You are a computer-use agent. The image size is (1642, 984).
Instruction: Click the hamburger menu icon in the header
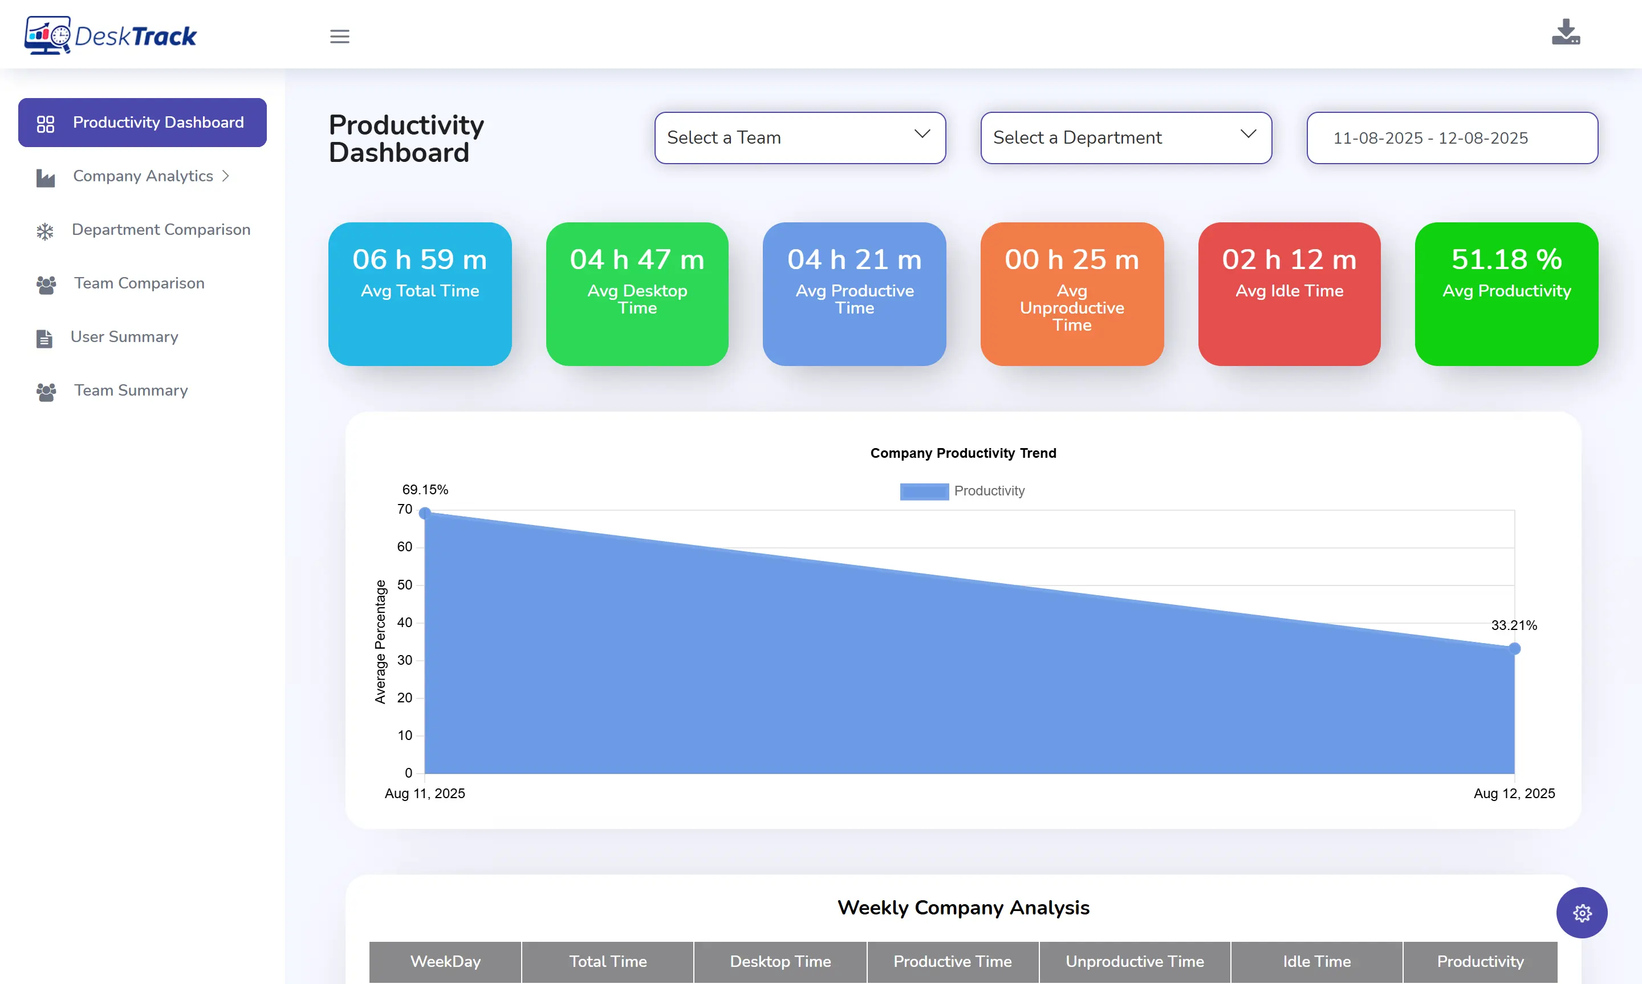pos(339,36)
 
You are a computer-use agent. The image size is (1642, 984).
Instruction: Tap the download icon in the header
pos(1565,32)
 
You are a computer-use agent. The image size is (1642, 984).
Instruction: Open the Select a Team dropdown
pos(799,138)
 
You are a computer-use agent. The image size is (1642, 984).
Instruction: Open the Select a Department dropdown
pos(1125,138)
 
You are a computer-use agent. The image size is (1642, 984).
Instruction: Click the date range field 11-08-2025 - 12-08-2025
pos(1452,138)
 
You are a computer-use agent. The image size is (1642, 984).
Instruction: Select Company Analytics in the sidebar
pos(143,176)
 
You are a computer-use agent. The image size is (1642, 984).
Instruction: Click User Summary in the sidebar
pos(124,338)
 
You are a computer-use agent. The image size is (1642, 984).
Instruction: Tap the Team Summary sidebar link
pos(131,391)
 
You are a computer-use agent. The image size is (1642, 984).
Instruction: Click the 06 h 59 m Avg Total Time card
pos(420,294)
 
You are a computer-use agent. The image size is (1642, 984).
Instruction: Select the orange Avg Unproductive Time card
pos(1071,294)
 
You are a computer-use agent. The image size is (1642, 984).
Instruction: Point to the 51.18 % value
pos(1506,259)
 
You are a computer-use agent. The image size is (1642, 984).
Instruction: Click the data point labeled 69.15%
pos(425,513)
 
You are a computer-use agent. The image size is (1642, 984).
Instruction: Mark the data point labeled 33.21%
pos(1515,648)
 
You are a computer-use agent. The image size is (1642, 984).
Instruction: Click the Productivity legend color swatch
pos(924,491)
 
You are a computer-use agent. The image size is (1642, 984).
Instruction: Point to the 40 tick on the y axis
pos(404,623)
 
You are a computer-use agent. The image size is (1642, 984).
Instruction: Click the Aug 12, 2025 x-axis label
pos(1514,794)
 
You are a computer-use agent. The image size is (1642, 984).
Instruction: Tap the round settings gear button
pos(1582,913)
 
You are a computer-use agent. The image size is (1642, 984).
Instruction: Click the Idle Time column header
pos(1316,961)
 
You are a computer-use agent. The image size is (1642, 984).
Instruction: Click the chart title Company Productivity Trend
pos(963,454)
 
